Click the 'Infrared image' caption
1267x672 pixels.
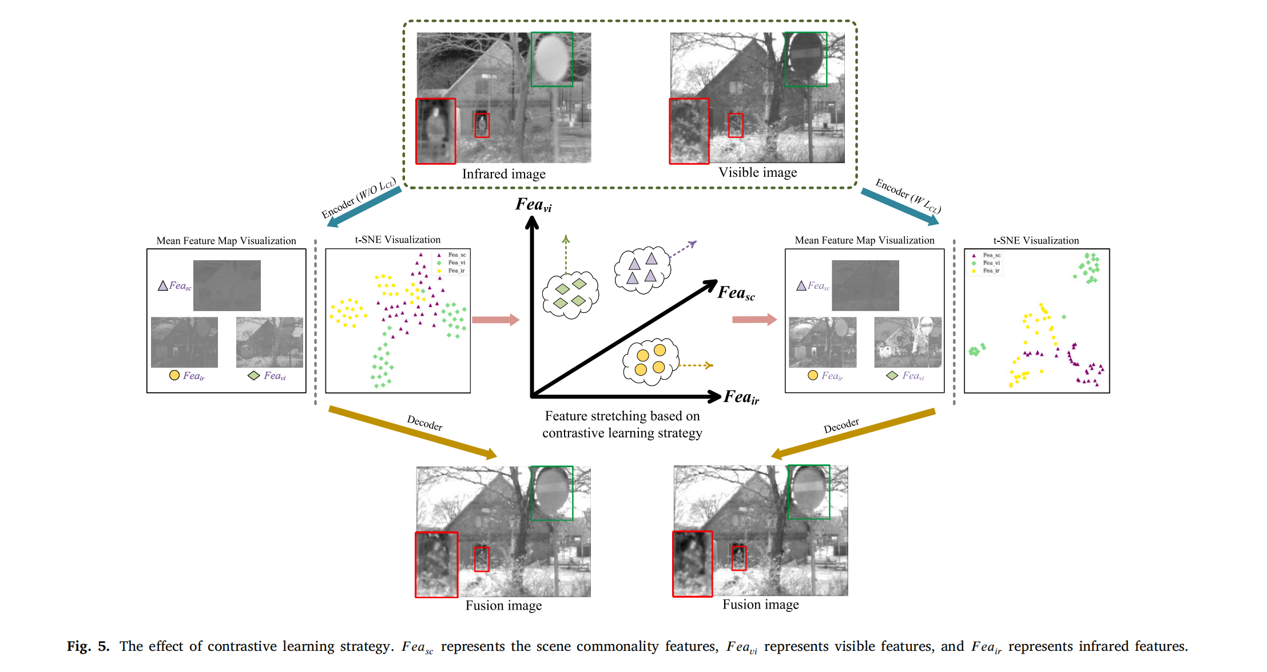[x=503, y=174]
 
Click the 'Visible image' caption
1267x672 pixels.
[x=757, y=172]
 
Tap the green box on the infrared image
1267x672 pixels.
[x=552, y=59]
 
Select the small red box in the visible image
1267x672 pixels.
[x=736, y=125]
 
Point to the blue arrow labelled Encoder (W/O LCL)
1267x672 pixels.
[x=364, y=207]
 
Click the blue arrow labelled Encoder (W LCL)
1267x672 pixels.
[x=900, y=207]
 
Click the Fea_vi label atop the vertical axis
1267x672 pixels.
[x=533, y=205]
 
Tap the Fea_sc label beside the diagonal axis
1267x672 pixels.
[x=736, y=293]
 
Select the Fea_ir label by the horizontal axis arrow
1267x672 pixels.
[x=741, y=397]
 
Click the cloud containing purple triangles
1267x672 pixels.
[x=642, y=270]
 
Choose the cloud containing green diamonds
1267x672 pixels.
[x=570, y=294]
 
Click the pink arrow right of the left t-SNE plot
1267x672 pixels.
[x=495, y=320]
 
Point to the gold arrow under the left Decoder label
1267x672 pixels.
[x=412, y=432]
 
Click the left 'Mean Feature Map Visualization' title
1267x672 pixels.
[x=226, y=241]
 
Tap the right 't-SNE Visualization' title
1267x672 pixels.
[x=1036, y=241]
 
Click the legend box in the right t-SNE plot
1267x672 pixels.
[x=987, y=263]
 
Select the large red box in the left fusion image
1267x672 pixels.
[x=436, y=564]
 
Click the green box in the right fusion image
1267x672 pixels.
[x=809, y=492]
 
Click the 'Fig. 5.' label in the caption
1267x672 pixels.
[x=88, y=646]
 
